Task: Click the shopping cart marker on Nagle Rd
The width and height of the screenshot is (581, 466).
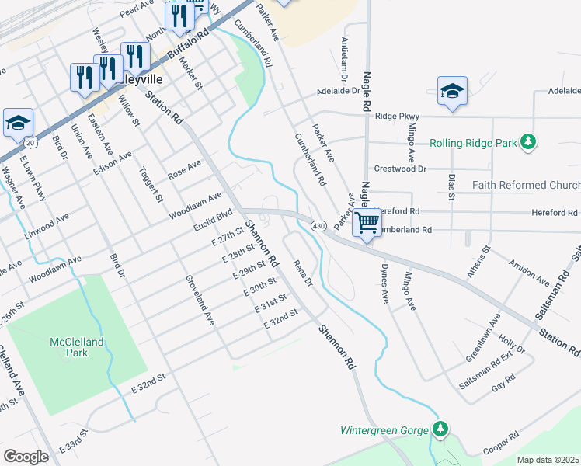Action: tap(367, 224)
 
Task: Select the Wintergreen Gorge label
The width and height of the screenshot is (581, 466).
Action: tap(385, 429)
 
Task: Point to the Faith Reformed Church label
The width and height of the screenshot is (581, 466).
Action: tap(526, 185)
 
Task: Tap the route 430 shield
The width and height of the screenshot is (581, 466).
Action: tap(318, 225)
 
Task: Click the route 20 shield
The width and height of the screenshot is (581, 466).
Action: tap(30, 143)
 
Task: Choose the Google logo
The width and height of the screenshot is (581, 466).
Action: tap(26, 456)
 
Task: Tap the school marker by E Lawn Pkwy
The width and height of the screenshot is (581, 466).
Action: tap(18, 123)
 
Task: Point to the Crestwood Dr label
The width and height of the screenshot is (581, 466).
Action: tap(401, 169)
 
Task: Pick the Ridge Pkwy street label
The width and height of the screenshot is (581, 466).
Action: tap(396, 116)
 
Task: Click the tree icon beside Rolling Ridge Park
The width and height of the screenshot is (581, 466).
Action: tap(528, 142)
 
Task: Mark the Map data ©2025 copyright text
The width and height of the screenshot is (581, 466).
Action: tap(548, 460)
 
